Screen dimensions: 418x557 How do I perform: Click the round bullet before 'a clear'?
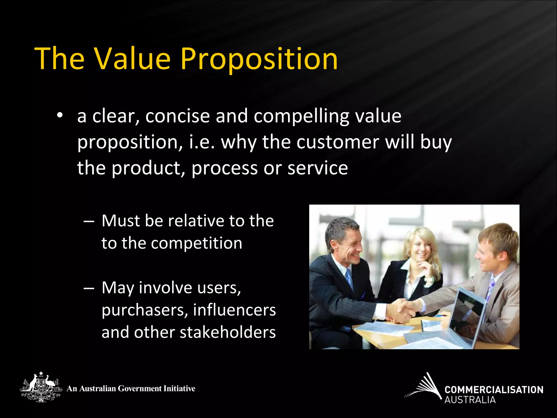point(60,116)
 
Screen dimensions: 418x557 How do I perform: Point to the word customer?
point(338,142)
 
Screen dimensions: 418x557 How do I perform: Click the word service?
point(318,168)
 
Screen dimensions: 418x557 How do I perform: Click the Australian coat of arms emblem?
point(41,387)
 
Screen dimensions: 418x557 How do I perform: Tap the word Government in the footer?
point(140,388)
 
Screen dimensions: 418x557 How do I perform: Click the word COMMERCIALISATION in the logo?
point(494,390)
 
